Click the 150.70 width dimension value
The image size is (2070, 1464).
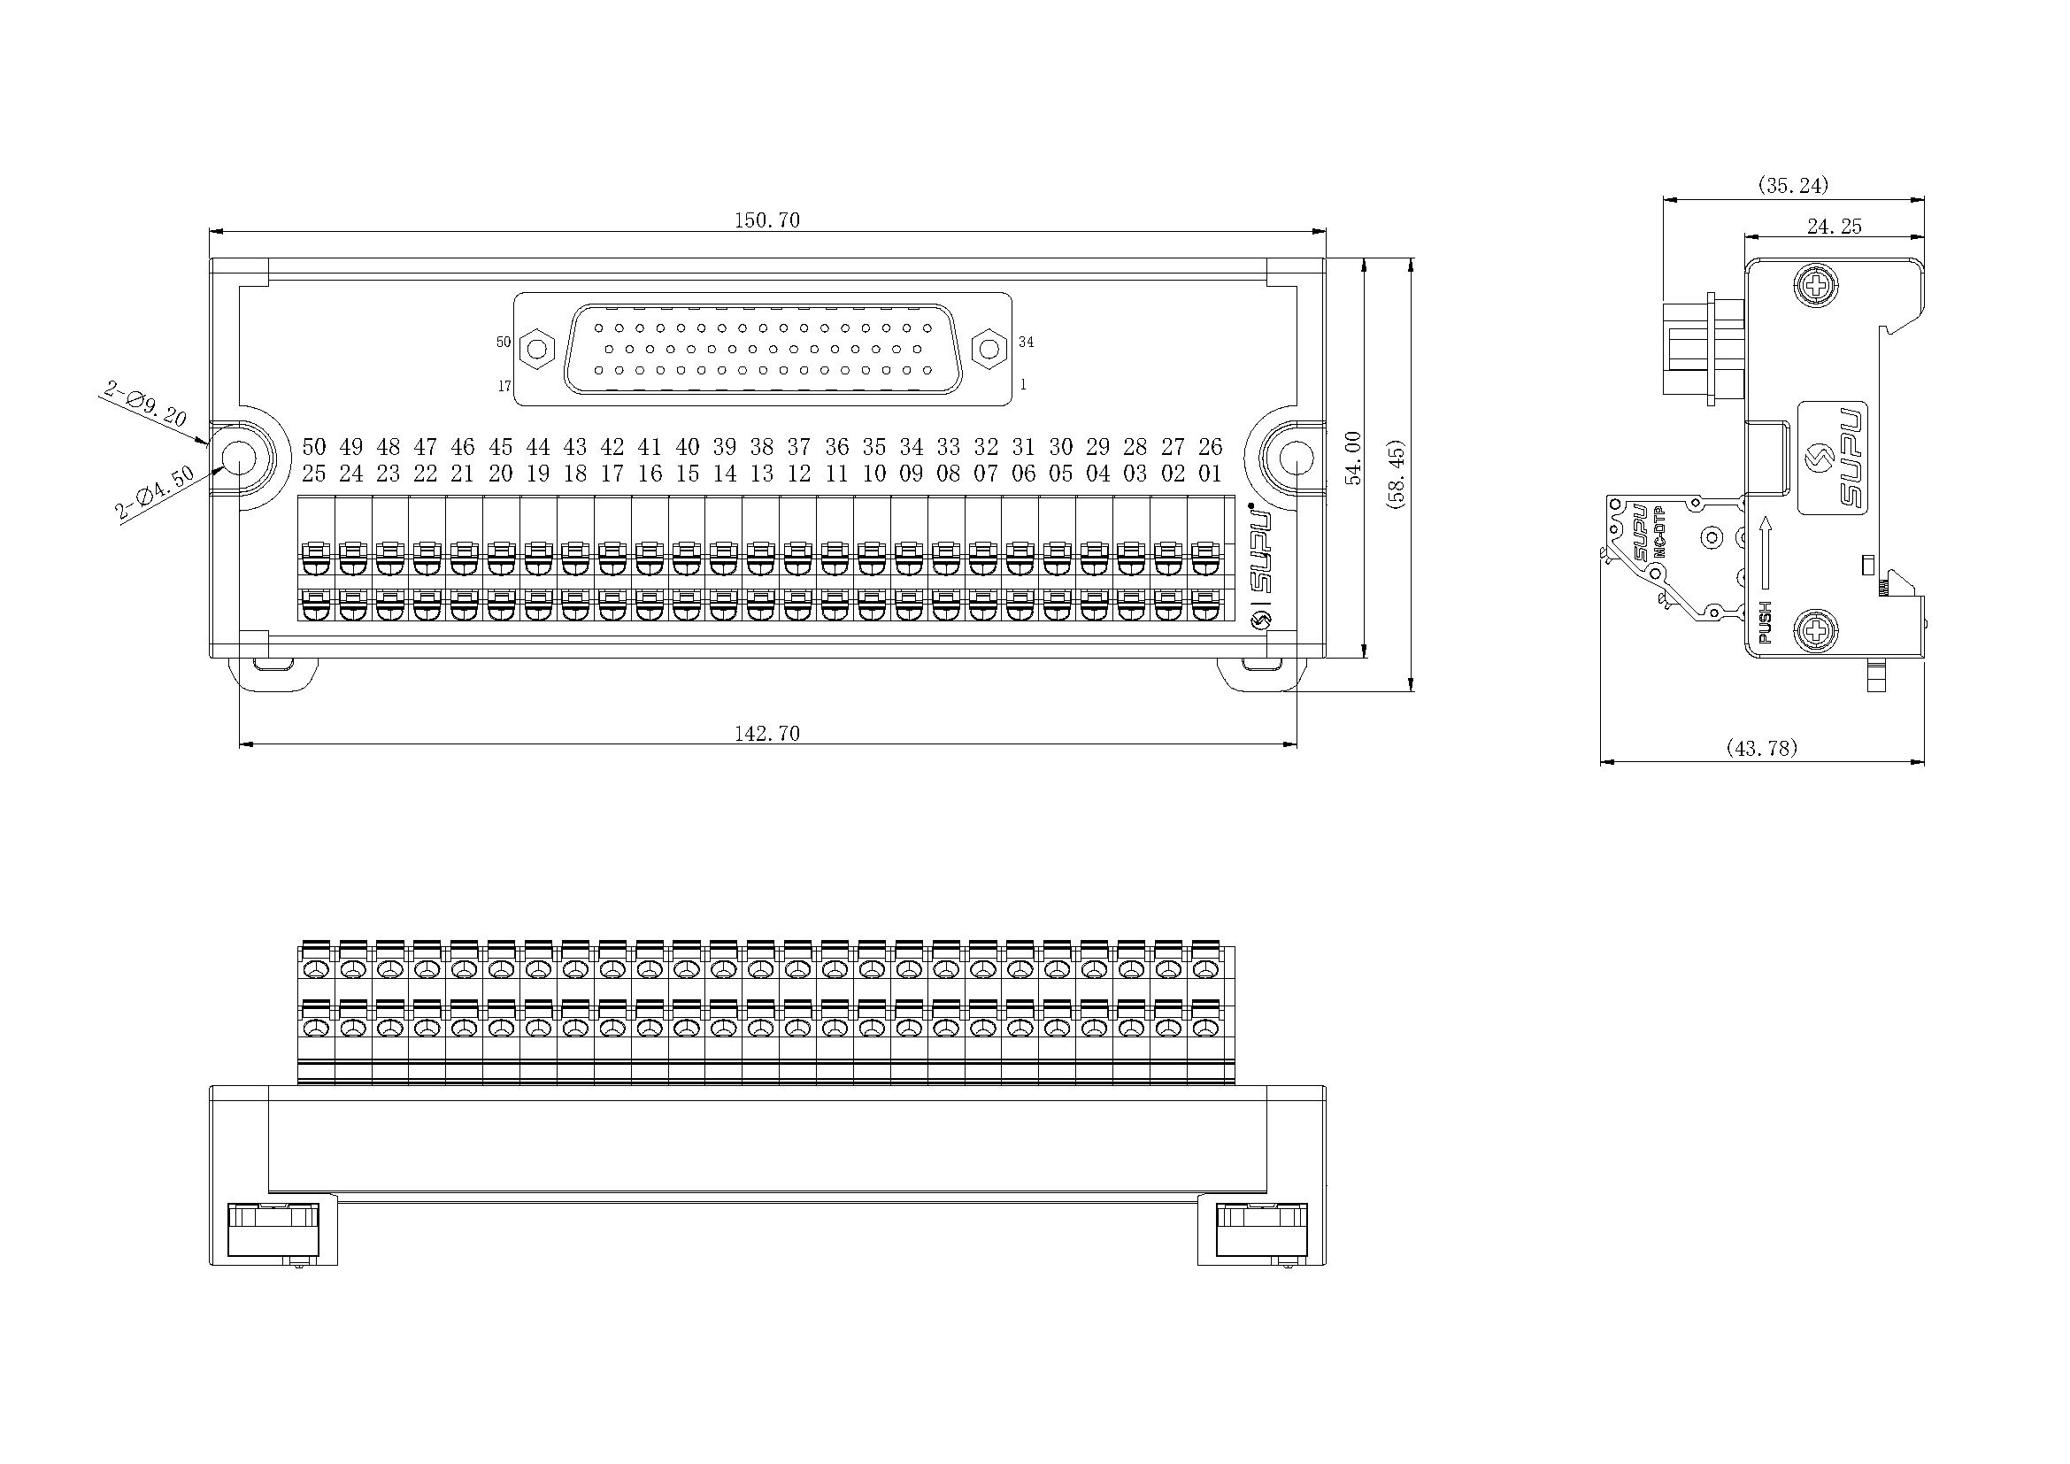point(766,220)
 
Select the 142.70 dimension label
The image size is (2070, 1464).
point(766,734)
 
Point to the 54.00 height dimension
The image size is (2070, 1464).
point(1353,458)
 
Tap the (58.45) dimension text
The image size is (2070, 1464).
point(1397,475)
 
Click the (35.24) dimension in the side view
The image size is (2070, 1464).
point(1793,185)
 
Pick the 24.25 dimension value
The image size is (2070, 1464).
point(1834,227)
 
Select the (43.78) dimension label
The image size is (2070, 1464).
point(1762,747)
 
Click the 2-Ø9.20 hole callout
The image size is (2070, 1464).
point(144,404)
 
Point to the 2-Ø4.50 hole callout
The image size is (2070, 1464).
point(154,492)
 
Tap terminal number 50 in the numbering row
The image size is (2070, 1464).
point(314,446)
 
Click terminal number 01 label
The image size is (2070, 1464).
point(1210,474)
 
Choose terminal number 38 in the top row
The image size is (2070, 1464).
point(762,446)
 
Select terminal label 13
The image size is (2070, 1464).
point(762,474)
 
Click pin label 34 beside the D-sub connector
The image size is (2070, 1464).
point(1026,342)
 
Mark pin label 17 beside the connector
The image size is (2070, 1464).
point(504,386)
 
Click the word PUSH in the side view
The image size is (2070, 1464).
point(1765,622)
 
